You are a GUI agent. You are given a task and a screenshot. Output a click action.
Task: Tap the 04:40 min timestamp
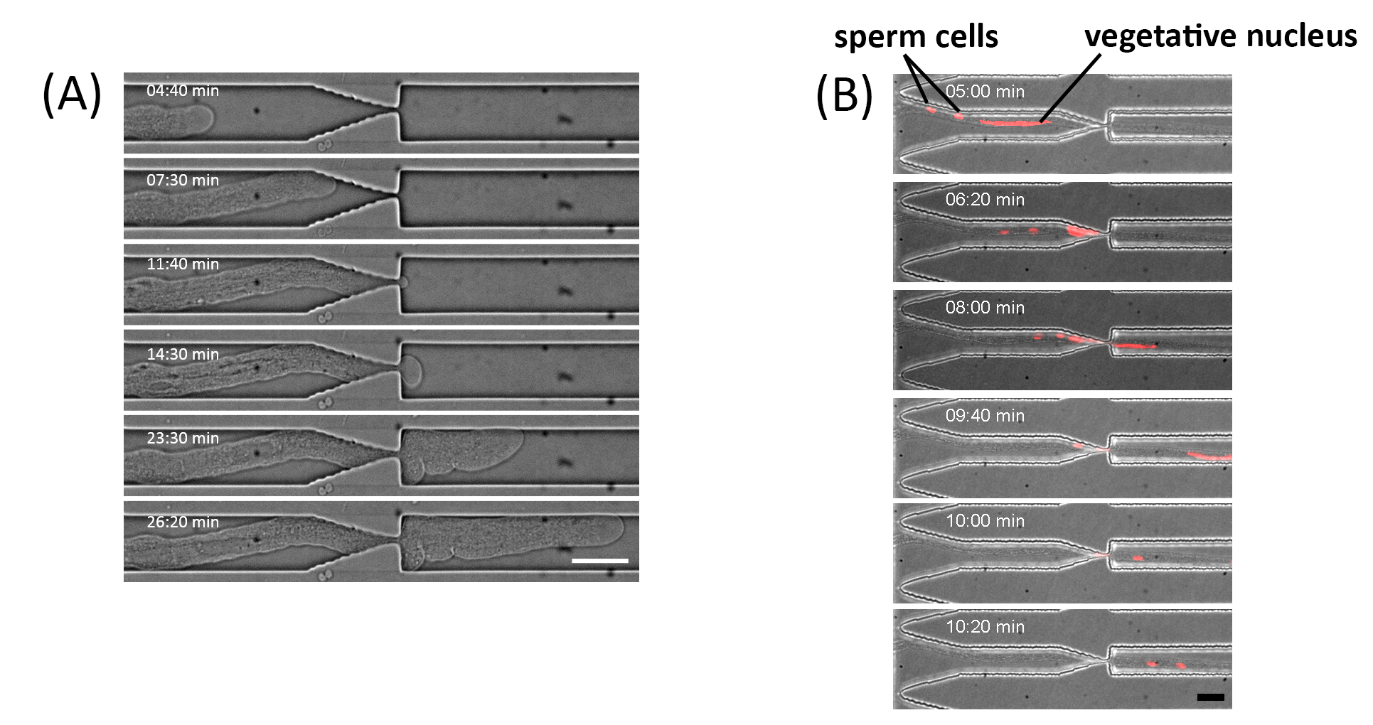(x=183, y=91)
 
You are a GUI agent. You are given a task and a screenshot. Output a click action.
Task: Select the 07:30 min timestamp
(x=183, y=181)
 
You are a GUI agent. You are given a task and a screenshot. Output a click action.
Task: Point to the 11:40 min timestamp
(x=183, y=264)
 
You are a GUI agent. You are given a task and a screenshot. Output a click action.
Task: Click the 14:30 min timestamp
(x=183, y=354)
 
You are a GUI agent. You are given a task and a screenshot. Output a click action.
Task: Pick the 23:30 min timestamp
(x=183, y=439)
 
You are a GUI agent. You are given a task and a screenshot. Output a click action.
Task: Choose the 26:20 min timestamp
(x=183, y=522)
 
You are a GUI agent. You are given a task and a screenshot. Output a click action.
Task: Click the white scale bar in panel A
(x=599, y=561)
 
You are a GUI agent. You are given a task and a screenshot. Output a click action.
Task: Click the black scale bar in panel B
(x=1210, y=697)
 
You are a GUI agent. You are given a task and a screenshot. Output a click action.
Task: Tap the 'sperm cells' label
(x=916, y=37)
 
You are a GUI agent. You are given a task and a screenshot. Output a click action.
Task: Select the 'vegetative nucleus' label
(x=1220, y=36)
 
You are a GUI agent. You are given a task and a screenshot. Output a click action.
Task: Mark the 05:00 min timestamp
(x=985, y=92)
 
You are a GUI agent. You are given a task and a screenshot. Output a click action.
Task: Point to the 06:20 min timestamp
(x=985, y=200)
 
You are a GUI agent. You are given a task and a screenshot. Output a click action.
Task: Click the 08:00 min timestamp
(x=985, y=308)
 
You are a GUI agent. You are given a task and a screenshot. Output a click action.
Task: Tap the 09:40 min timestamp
(x=985, y=416)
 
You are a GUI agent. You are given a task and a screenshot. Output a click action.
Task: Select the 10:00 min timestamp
(x=985, y=521)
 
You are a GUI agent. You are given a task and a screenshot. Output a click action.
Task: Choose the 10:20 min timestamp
(x=985, y=627)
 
